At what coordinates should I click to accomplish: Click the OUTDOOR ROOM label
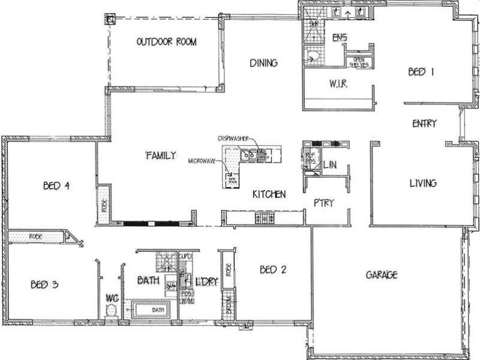pos(167,42)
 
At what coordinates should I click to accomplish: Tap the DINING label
pos(263,62)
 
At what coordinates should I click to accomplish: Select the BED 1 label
pos(421,72)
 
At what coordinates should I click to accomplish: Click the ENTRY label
pos(424,124)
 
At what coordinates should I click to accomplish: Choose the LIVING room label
pos(422,183)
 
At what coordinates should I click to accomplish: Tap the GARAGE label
pos(382,275)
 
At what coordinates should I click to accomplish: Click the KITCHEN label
pos(268,194)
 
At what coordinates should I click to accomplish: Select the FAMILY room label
pos(161,155)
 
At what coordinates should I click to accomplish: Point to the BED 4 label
pos(56,186)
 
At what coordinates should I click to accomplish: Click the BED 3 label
pos(44,285)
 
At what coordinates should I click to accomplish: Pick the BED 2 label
pos(272,270)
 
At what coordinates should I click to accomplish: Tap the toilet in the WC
pos(110,310)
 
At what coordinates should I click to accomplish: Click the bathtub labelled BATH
pos(152,310)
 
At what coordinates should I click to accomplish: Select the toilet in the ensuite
pos(312,57)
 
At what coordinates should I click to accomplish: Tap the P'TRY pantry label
pos(323,203)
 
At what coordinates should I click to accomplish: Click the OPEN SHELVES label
pos(360,62)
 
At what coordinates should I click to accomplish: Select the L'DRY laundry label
pos(202,280)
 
